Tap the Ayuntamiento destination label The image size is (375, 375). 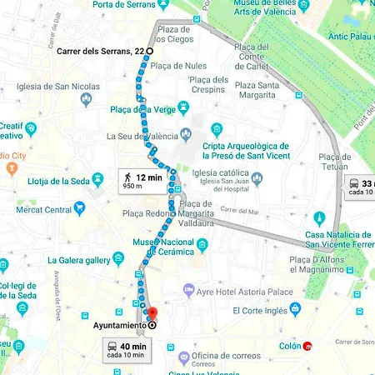(x=115, y=325)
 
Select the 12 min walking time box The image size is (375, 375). (x=141, y=181)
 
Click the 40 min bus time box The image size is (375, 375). (x=127, y=348)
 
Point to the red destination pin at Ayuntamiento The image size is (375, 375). (x=151, y=315)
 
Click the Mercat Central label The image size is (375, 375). (x=46, y=210)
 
